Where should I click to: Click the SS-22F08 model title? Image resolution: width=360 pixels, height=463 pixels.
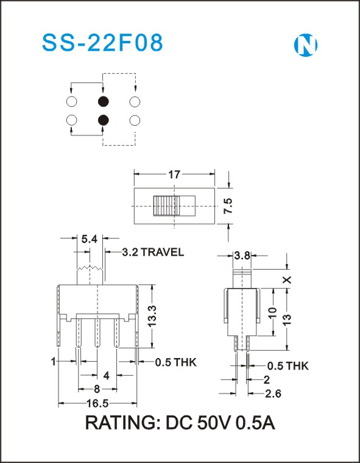[x=102, y=43]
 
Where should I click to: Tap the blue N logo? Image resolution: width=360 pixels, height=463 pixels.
[x=306, y=45]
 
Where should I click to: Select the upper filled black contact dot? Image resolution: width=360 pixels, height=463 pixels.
[x=103, y=102]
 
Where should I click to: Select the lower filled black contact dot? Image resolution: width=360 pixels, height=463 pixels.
[x=103, y=120]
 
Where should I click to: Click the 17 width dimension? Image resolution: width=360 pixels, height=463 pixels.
[x=174, y=174]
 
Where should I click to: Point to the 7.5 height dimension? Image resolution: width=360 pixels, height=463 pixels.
[x=228, y=206]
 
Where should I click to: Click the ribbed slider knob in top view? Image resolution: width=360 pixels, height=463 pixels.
[x=164, y=206]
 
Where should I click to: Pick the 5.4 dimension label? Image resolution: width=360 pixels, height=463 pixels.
[x=90, y=239]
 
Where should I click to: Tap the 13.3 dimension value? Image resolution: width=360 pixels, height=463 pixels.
[x=152, y=316]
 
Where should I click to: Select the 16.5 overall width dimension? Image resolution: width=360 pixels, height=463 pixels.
[x=97, y=403]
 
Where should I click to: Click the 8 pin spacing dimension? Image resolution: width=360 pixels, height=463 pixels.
[x=97, y=389]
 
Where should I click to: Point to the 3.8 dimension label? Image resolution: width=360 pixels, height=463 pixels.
[x=242, y=256]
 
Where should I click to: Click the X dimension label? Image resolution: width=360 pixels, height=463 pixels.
[x=287, y=279]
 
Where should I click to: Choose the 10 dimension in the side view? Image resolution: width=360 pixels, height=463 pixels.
[x=273, y=312]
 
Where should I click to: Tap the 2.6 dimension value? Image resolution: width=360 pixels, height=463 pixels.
[x=273, y=393]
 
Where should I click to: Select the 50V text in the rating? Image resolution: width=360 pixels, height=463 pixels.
[x=214, y=423]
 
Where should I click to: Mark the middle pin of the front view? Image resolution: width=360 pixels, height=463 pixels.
[x=97, y=333]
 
